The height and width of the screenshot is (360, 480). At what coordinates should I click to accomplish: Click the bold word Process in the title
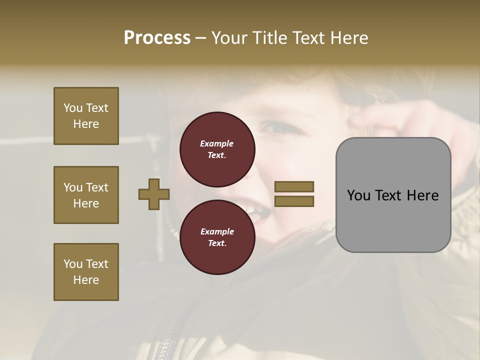coord(157,38)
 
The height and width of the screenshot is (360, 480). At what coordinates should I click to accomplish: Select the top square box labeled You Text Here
coord(86,116)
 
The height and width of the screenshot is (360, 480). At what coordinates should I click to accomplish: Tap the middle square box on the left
coord(86,195)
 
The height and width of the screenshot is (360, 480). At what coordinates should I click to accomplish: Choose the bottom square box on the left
coord(86,272)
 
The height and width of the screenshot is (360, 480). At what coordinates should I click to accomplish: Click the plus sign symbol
coord(154,194)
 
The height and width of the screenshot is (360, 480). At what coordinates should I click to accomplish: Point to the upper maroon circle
coord(217,149)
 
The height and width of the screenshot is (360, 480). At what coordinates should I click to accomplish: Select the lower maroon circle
coord(217,237)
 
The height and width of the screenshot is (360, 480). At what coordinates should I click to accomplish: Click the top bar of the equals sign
coord(294,186)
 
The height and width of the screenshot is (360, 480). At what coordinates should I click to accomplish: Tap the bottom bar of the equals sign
coord(294,201)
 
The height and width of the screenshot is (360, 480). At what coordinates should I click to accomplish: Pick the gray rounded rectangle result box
coord(393,195)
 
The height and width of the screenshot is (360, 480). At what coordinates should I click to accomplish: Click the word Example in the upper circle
coord(217,143)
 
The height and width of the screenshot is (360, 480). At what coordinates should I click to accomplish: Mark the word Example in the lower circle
coord(217,231)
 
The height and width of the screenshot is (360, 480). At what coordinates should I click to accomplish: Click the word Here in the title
coord(350,38)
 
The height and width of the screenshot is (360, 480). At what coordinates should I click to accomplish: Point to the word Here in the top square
coord(86,124)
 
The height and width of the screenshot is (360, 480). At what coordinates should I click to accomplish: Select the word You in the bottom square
coord(73,264)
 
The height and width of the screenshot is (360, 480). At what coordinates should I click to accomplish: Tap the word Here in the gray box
coord(422,195)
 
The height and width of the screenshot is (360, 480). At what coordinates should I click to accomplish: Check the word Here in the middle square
coord(86,203)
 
